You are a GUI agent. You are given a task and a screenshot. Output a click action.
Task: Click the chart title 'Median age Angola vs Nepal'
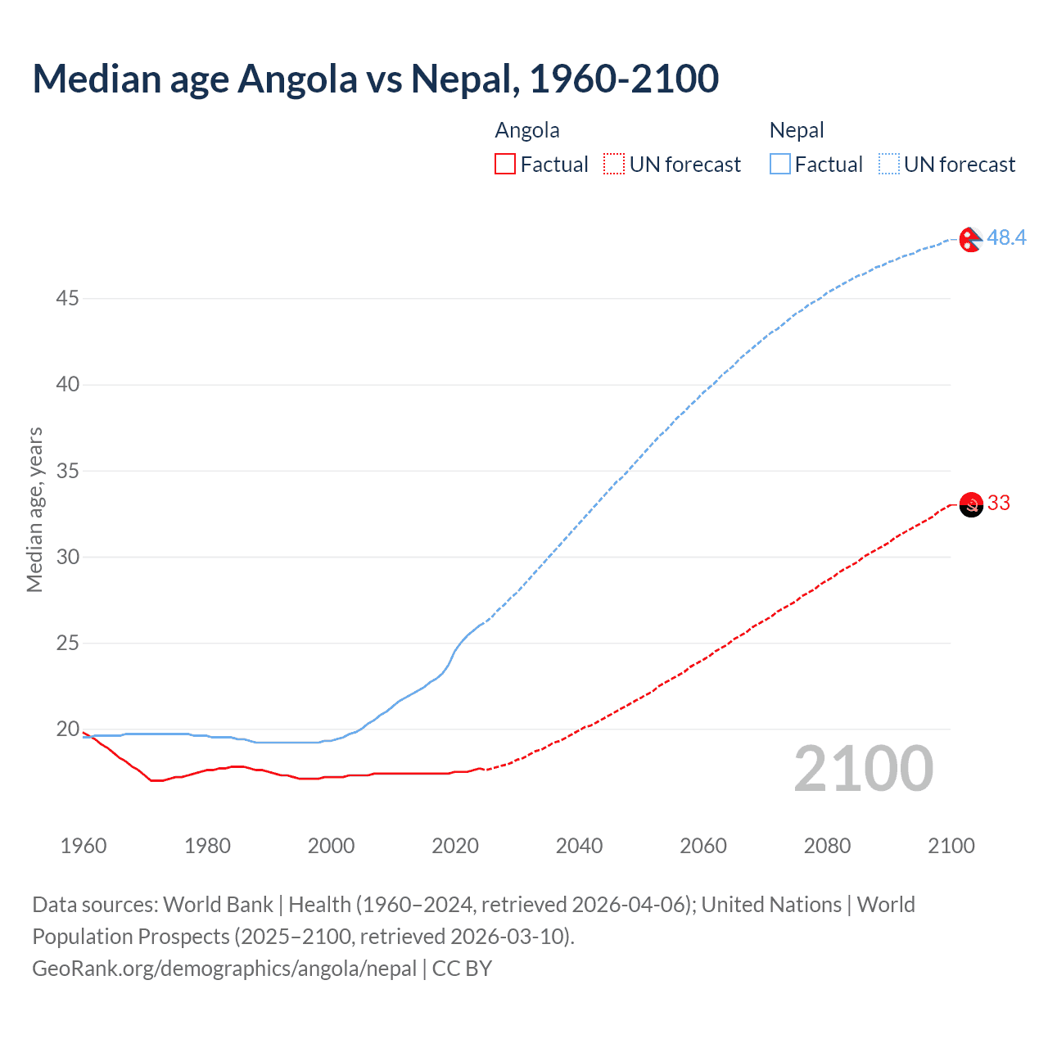tap(375, 79)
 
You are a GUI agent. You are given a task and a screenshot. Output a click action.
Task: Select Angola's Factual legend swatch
tap(505, 165)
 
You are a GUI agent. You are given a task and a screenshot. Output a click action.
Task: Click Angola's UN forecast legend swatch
tap(614, 165)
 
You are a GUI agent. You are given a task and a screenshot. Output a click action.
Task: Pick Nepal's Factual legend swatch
tap(780, 165)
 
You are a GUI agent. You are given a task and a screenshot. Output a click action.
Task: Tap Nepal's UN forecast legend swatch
tap(888, 165)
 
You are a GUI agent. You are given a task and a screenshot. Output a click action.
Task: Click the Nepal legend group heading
tap(796, 130)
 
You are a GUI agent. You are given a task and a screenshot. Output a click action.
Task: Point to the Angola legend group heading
tap(527, 130)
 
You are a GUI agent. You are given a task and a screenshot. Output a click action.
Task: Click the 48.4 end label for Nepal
tap(1006, 237)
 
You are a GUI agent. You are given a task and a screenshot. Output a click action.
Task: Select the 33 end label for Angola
tap(999, 503)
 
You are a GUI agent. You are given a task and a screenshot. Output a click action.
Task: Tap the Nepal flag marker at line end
tap(970, 240)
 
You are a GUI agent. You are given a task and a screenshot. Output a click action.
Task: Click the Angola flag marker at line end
tap(971, 505)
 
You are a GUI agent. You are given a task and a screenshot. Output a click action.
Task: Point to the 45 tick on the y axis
tap(67, 298)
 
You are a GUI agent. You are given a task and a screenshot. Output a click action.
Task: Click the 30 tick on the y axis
tap(67, 557)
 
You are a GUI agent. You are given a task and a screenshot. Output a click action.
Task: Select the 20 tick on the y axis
tap(67, 729)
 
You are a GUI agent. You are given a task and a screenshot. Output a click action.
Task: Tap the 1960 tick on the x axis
tap(84, 846)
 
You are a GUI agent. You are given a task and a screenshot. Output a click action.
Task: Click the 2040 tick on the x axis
tap(579, 846)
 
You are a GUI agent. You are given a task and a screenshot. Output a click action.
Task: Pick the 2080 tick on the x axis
tap(827, 846)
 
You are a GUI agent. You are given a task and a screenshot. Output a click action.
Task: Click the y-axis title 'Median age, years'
tap(34, 509)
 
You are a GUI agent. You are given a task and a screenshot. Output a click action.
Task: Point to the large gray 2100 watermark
tap(863, 769)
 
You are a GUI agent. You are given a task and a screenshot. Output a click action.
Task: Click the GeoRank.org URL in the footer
tap(224, 969)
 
